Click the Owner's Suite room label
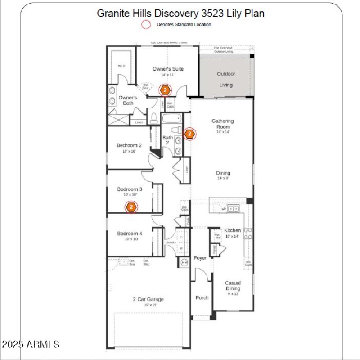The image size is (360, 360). tap(168, 69)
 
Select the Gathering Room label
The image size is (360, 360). tap(223, 124)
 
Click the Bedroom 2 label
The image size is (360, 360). tap(129, 145)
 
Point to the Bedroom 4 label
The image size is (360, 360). tap(130, 234)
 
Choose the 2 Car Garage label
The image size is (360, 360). tap(148, 299)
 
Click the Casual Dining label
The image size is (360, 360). tap(233, 286)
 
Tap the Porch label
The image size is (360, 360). tap(202, 297)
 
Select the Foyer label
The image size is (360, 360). tap(200, 258)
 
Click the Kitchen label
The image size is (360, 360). tap(233, 230)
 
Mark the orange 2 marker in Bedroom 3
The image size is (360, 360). tap(131, 207)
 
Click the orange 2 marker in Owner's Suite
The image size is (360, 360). tap(165, 90)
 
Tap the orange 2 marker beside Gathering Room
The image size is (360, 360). tap(189, 134)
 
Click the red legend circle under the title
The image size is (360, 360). tap(146, 25)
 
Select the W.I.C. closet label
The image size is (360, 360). tap(121, 66)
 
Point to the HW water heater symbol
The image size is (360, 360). tap(184, 262)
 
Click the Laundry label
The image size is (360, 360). tap(171, 243)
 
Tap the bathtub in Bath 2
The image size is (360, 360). tap(171, 119)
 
